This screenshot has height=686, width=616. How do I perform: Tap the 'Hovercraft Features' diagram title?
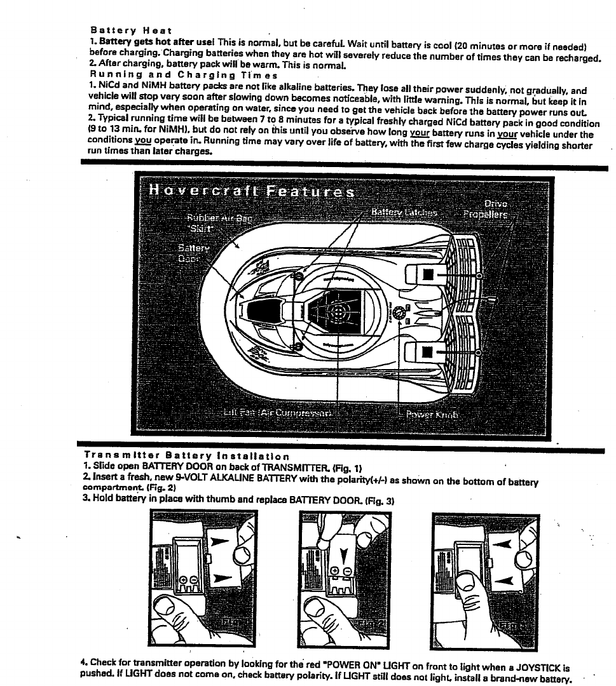click(251, 191)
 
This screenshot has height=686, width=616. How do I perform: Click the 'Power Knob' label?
click(432, 414)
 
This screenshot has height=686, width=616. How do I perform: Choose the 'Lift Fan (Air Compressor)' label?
click(278, 413)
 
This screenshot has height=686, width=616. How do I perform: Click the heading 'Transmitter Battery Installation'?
click(186, 455)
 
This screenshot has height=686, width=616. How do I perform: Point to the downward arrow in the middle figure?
click(345, 556)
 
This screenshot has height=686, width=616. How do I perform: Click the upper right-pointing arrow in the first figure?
click(218, 542)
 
